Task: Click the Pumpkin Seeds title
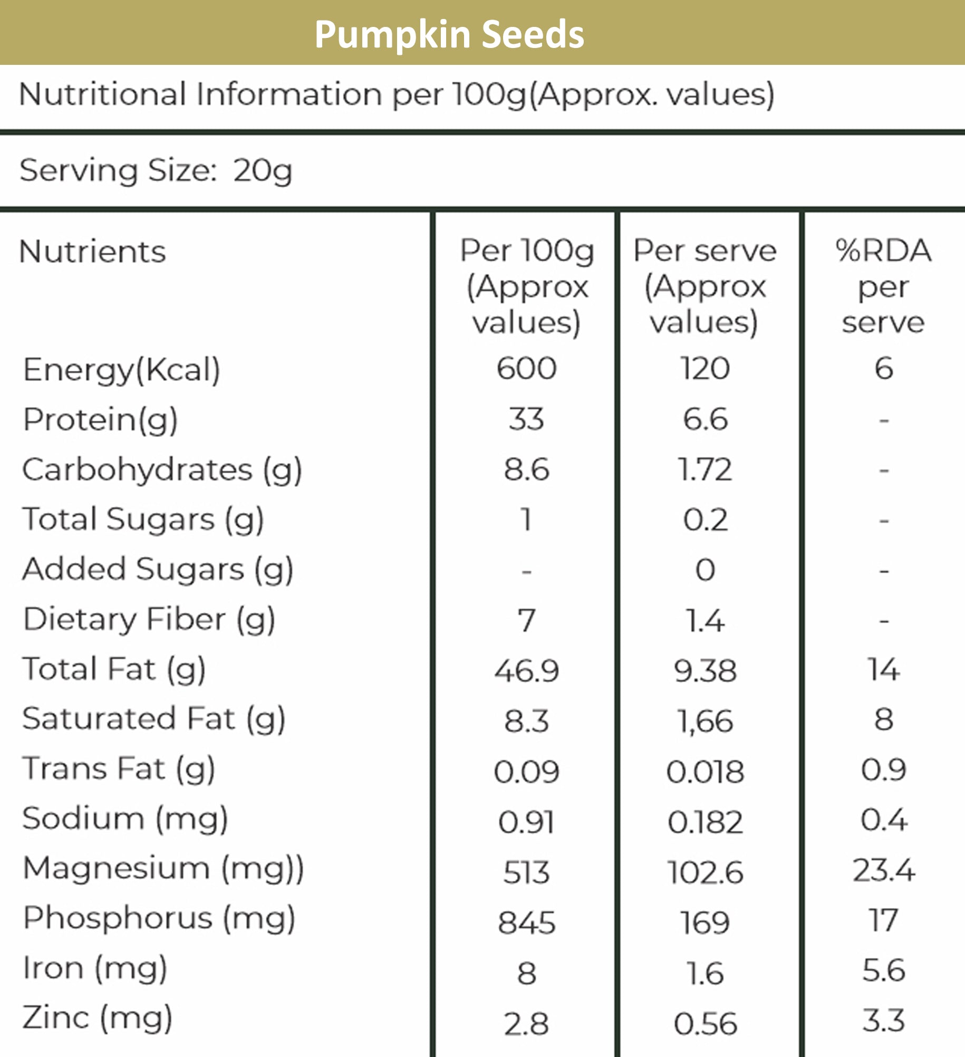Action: pyautogui.click(x=449, y=34)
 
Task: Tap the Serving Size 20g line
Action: pyautogui.click(x=156, y=171)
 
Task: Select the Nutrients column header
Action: pyautogui.click(x=92, y=251)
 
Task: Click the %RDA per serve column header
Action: pyautogui.click(x=883, y=286)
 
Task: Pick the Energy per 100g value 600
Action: pyautogui.click(x=526, y=368)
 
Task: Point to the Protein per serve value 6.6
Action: pyautogui.click(x=705, y=419)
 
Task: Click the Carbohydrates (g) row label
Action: pyautogui.click(x=162, y=469)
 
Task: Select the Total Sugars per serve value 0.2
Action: pyautogui.click(x=705, y=520)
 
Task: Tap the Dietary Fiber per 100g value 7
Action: pyautogui.click(x=526, y=620)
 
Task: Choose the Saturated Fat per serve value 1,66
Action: pyautogui.click(x=705, y=721)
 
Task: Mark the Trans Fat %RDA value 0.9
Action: pyautogui.click(x=883, y=770)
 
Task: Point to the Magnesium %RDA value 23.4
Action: pyautogui.click(x=883, y=870)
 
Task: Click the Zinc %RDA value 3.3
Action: pyautogui.click(x=883, y=1020)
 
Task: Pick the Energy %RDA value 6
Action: pyautogui.click(x=883, y=368)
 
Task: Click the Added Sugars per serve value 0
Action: pyautogui.click(x=705, y=570)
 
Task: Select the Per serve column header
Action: pyautogui.click(x=705, y=286)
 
